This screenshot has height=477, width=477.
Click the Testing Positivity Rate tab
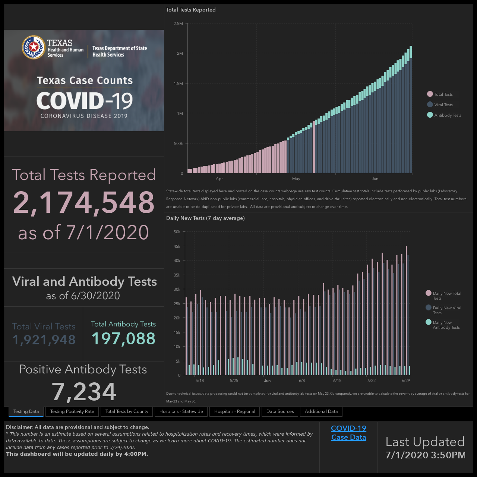72,411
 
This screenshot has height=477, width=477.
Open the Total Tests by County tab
127,411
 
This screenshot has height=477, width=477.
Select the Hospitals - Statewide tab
181,411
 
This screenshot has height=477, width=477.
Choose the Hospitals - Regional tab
234,411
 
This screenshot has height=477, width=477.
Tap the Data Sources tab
280,411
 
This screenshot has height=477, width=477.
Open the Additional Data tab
321,411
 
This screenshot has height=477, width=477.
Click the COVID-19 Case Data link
348,433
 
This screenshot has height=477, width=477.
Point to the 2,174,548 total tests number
84,202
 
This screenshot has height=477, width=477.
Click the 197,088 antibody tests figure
123,338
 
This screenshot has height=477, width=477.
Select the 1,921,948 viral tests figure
44,339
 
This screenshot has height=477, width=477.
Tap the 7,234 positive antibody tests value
84,392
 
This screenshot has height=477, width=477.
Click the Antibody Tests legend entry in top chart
444,115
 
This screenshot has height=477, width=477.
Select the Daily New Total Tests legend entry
443,296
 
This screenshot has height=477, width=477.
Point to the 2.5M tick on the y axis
178,23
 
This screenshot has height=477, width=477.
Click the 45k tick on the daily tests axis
177,246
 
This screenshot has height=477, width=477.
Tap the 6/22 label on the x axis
371,380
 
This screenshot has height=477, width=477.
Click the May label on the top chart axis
296,179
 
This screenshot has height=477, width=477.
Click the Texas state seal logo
34,47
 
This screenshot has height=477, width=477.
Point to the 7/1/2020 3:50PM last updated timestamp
426,455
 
